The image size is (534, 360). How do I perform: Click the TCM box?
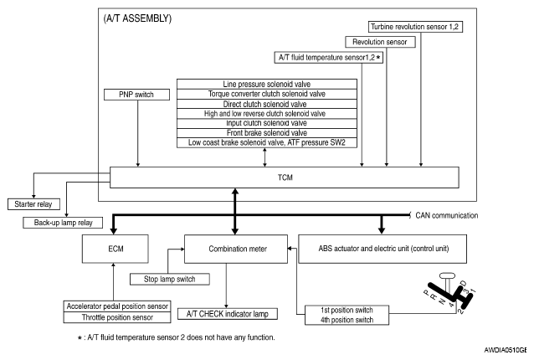tap(285, 177)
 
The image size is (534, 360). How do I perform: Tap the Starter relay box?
tap(33, 204)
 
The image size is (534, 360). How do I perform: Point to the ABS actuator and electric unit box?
tap(382, 249)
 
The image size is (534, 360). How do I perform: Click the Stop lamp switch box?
tap(170, 278)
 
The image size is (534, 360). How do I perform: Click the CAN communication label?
tap(446, 215)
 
